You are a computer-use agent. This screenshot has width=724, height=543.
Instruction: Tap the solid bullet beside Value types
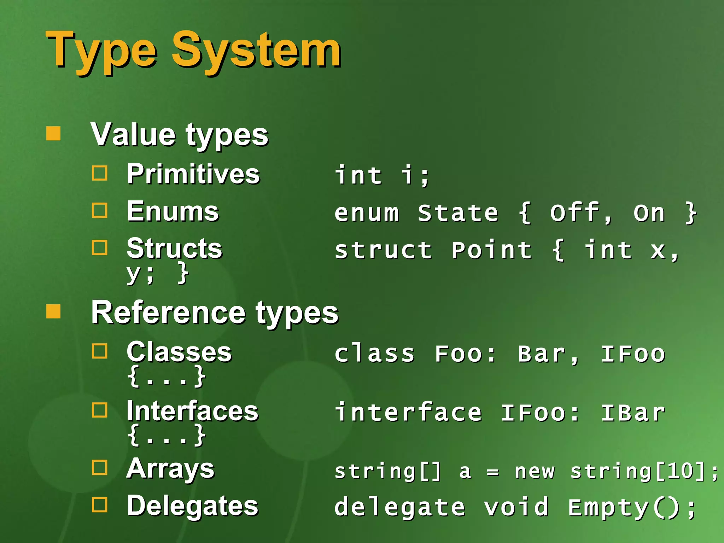[53, 134]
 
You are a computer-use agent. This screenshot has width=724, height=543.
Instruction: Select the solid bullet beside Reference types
[53, 311]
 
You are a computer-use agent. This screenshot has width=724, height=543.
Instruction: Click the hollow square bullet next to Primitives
[100, 173]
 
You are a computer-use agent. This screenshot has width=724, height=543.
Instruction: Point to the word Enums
[173, 211]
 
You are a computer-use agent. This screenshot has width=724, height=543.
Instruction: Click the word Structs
[174, 248]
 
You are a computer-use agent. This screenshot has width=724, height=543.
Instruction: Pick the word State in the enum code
[458, 213]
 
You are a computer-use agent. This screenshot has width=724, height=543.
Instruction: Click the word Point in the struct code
[491, 250]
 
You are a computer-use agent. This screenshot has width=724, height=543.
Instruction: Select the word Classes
[179, 352]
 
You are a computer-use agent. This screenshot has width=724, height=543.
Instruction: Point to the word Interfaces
[192, 411]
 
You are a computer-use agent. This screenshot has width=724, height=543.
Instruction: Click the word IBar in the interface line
[633, 413]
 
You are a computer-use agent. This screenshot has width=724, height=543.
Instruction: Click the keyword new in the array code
[535, 471]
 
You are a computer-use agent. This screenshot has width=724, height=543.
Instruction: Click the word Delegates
[192, 506]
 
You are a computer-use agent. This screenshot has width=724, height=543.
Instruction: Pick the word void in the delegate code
[516, 507]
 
